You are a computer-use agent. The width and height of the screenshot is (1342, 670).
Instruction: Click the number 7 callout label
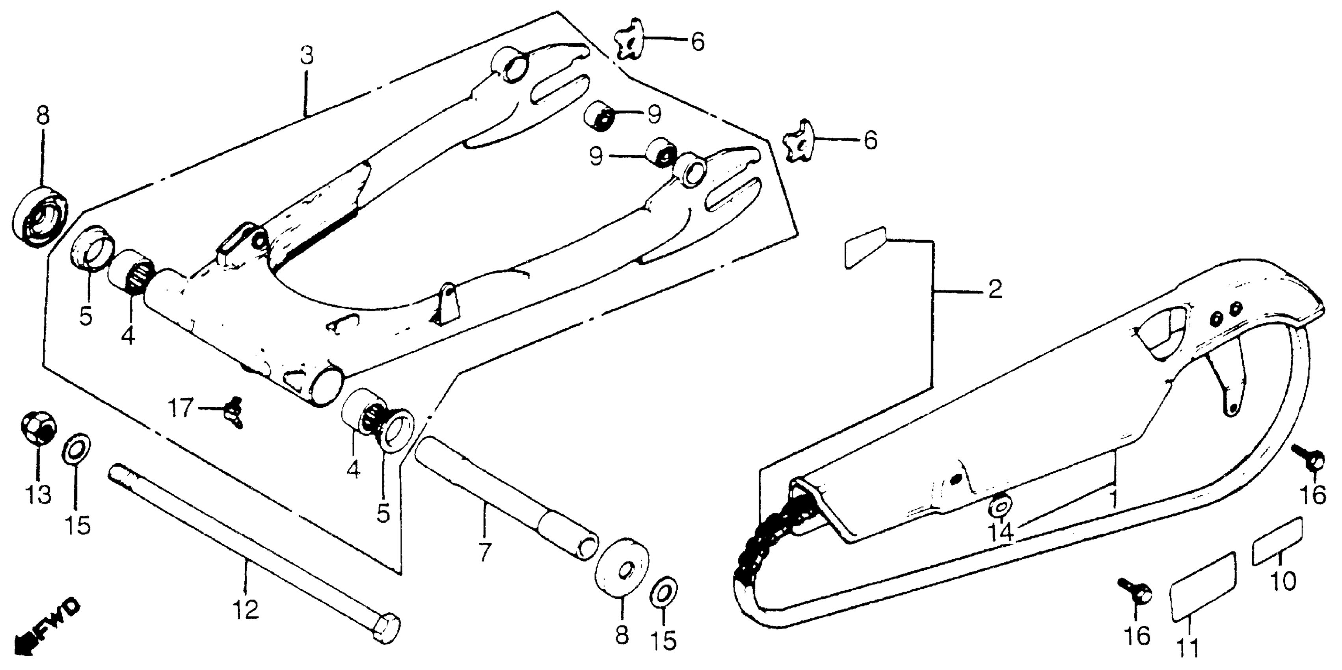[x=484, y=552]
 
